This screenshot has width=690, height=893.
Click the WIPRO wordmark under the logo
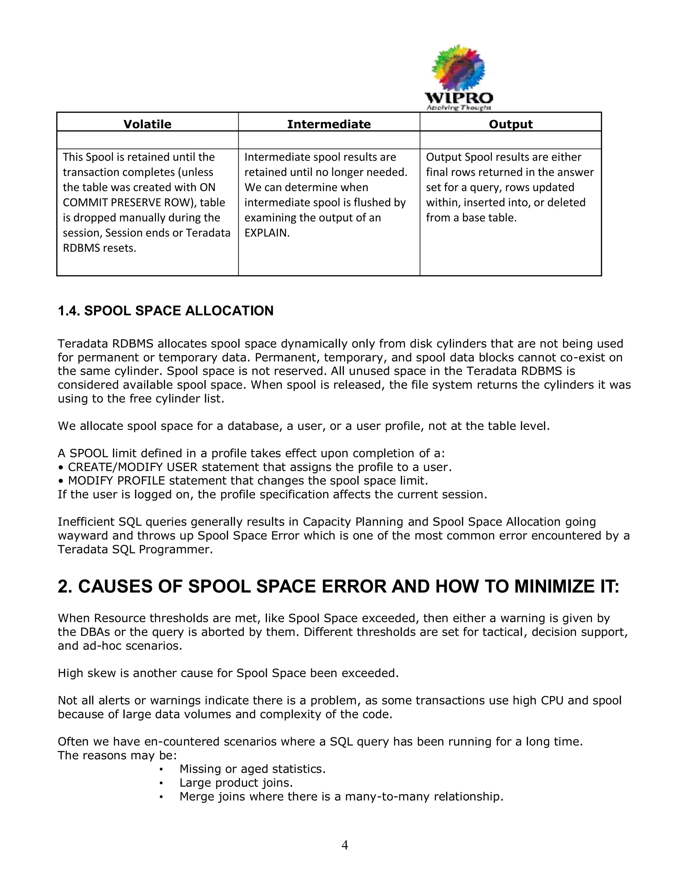coord(459,98)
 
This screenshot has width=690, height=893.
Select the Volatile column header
coord(147,124)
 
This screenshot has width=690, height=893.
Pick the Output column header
coord(510,124)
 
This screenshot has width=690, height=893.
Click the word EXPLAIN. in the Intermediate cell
coord(267,233)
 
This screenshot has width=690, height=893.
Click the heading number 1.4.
coord(69,311)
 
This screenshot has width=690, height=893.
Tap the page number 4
coord(345,845)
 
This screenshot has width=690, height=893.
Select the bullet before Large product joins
coord(161,783)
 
